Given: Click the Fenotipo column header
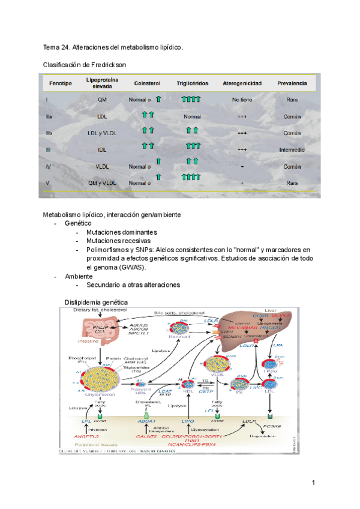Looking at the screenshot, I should [x=61, y=83].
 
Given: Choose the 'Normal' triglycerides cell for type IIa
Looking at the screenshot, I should [x=192, y=116].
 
